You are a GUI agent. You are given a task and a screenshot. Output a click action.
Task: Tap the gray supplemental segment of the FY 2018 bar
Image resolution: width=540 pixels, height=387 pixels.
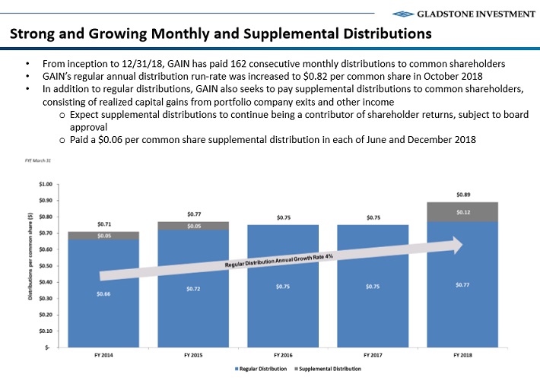(x=462, y=212)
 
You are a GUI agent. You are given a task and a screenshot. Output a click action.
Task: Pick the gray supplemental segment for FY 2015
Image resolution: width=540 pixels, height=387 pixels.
(x=195, y=226)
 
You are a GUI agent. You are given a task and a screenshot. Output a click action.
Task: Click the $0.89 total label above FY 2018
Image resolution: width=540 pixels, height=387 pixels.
(x=462, y=195)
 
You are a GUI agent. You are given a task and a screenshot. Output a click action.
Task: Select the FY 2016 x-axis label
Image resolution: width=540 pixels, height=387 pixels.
(x=284, y=355)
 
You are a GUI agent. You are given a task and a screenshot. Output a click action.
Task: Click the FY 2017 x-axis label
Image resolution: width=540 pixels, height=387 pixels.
(x=373, y=355)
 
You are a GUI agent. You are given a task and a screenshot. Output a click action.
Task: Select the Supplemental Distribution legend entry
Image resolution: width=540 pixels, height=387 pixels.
(x=327, y=369)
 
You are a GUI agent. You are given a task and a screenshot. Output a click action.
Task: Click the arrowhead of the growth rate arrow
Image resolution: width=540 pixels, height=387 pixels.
(x=456, y=245)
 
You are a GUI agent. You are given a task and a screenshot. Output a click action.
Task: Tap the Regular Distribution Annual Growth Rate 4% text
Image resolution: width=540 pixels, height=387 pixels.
(x=279, y=261)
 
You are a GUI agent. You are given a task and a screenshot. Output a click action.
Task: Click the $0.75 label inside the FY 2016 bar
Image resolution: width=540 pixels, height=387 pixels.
(x=284, y=287)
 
